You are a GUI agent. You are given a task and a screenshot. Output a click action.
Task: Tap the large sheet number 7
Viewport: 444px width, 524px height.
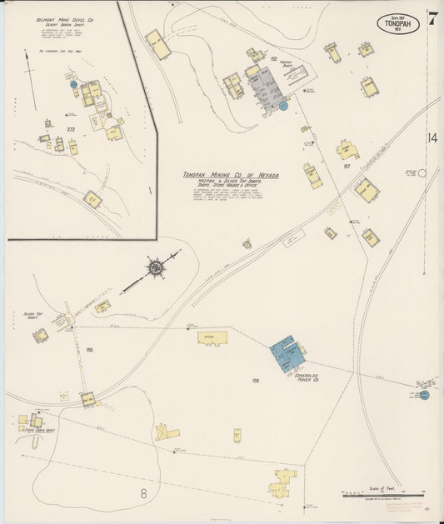pyautogui.click(x=433, y=17)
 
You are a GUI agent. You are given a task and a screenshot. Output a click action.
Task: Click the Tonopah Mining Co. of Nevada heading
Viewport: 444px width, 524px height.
pyautogui.click(x=232, y=175)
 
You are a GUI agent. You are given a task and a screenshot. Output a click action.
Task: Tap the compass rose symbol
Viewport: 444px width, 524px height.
pyautogui.click(x=155, y=267)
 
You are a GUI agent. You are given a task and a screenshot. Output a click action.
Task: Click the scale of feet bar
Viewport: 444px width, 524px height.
pyautogui.click(x=387, y=496)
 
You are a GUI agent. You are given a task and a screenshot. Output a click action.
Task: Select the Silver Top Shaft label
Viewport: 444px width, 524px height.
pyautogui.click(x=33, y=316)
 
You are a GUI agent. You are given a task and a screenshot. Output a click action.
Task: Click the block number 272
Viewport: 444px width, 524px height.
pyautogui.click(x=71, y=129)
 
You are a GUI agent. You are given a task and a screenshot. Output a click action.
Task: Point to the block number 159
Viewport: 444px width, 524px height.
pyautogui.click(x=256, y=380)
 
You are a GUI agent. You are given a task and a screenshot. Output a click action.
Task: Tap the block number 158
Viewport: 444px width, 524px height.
pyautogui.click(x=88, y=350)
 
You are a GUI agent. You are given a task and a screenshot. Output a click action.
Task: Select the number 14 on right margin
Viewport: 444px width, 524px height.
pyautogui.click(x=432, y=137)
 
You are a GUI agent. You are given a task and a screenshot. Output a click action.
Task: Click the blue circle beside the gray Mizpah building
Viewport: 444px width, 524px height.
pyautogui.click(x=283, y=106)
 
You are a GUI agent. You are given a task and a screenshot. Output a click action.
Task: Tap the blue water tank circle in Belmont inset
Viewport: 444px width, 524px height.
pyautogui.click(x=73, y=84)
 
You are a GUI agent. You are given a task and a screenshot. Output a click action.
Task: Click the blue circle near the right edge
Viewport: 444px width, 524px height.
pyautogui.click(x=424, y=395)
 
